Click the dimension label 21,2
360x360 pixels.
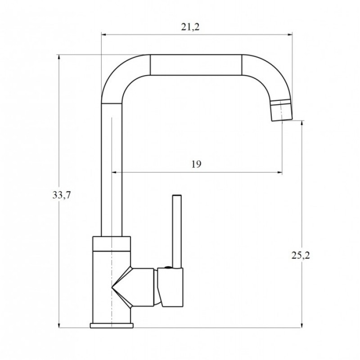tap(190, 27)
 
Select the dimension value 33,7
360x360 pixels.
tap(62, 195)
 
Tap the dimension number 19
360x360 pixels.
tap(196, 164)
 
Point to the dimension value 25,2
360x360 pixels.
tap(301, 255)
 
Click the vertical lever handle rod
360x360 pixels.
tap(177, 231)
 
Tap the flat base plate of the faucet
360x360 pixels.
tap(112, 325)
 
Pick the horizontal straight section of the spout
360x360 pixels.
tap(196, 65)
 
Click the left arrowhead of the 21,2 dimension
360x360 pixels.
tap(104, 35)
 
